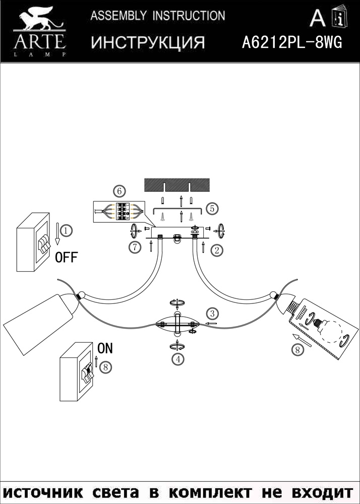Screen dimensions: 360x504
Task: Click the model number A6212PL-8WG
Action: tap(292, 42)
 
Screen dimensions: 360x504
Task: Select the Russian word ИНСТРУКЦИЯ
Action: tap(148, 42)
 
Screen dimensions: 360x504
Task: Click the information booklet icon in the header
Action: tap(340, 17)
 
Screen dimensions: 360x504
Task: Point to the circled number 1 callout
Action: tap(66, 230)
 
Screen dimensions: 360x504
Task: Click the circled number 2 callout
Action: tap(217, 250)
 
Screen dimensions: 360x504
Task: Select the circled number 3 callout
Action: tap(212, 313)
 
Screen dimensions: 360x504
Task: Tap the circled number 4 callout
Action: tap(178, 359)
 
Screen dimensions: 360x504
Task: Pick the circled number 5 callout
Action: tap(212, 208)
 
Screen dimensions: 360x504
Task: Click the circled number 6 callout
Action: tap(119, 192)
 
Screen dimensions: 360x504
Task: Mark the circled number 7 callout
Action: tap(135, 247)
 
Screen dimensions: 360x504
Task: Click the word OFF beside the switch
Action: tap(67, 258)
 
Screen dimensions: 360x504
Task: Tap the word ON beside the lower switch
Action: tap(105, 348)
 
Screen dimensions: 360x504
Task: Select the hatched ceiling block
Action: tap(177, 185)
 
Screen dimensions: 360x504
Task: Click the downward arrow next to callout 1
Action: tap(57, 234)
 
